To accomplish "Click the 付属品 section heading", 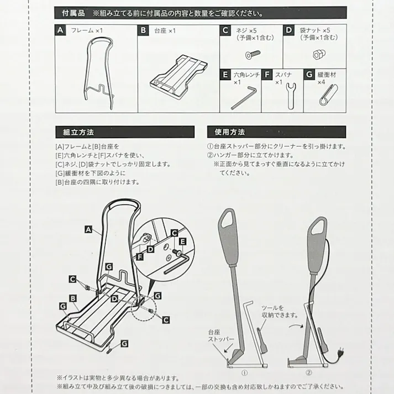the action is click(73, 13).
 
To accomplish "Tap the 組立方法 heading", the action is click(78, 132).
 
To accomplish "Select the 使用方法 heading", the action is click(230, 132).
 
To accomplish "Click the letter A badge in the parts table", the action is click(60, 30).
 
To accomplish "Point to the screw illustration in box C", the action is click(253, 54).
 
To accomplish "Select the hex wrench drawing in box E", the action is click(244, 97).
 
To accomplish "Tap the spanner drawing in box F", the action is click(291, 96).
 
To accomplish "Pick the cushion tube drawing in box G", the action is click(328, 94).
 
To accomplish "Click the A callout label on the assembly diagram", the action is click(88, 229).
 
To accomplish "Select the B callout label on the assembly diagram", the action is click(73, 298).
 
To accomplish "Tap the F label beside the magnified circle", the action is click(139, 256).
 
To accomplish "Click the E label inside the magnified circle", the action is click(183, 241).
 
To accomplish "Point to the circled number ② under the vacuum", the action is click(308, 372).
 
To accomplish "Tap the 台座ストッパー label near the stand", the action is click(221, 335).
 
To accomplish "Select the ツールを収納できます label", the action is click(280, 311).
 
